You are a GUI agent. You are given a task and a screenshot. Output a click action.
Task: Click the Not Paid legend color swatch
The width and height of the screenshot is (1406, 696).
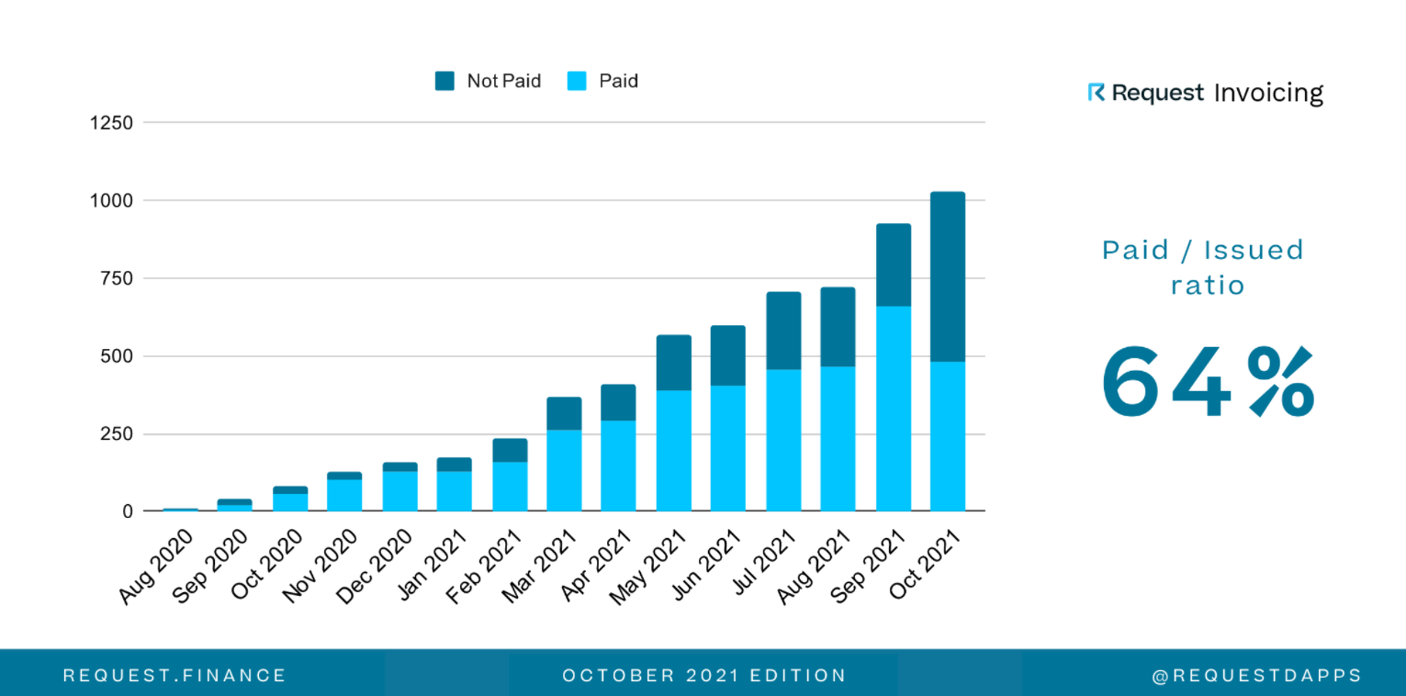444,82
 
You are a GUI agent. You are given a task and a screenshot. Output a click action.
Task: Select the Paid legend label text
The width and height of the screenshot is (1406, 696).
618,82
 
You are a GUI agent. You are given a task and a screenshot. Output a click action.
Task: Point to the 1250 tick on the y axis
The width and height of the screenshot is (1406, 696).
111,123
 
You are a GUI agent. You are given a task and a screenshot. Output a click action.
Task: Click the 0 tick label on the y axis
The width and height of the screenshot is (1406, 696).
128,511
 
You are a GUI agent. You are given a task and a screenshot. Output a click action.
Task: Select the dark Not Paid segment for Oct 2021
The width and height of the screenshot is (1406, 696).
948,275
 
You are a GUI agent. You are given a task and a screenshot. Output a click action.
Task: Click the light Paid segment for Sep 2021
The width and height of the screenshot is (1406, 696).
894,409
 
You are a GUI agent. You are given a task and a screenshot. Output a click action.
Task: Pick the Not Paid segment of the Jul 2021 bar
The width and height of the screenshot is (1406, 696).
783,331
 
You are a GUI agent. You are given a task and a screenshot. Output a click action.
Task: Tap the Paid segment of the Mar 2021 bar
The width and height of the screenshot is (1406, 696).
564,470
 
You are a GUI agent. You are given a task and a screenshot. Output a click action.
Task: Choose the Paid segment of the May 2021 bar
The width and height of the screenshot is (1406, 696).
673,450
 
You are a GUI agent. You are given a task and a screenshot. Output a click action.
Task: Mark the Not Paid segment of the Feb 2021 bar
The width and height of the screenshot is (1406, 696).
510,450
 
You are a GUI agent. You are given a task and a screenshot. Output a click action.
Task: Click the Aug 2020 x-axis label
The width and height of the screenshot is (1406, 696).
158,566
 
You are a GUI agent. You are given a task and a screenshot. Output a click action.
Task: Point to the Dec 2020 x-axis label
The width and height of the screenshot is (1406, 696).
375,566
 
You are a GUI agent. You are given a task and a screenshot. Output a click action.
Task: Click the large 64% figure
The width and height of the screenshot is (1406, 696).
1207,382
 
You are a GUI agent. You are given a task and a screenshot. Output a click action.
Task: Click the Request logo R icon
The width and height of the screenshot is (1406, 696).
1096,93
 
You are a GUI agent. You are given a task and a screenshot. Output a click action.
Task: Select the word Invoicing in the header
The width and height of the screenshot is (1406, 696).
1268,94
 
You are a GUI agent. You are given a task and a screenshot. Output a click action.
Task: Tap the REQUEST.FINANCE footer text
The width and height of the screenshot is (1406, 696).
174,676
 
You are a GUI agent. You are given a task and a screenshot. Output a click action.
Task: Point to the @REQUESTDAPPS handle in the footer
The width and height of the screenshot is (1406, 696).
1257,676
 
